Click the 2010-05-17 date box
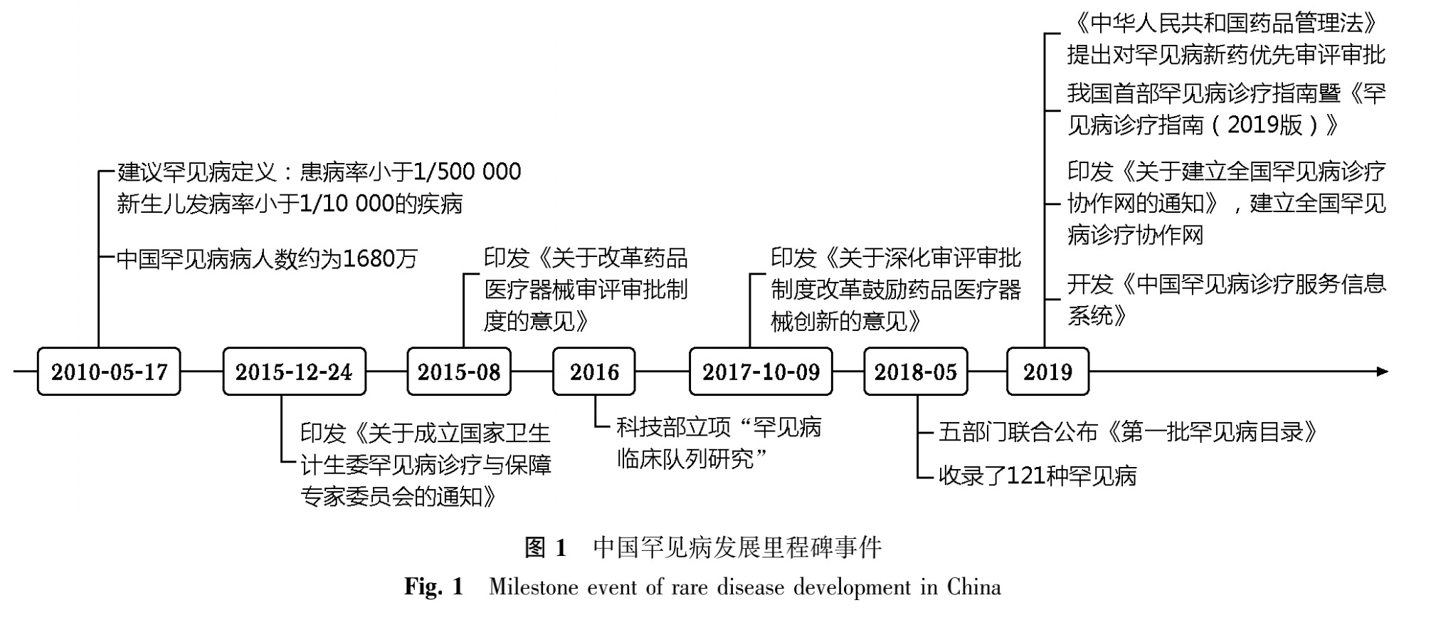point(109,372)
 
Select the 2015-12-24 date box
point(294,372)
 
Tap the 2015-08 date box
point(459,372)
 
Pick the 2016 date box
point(594,372)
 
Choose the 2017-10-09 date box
point(761,372)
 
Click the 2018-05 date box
point(916,372)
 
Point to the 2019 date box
point(1047,372)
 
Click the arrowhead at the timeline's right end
point(1382,372)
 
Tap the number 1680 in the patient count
point(369,259)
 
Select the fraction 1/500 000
point(467,172)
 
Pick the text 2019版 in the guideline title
point(1265,125)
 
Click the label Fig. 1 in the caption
point(434,587)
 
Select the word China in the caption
point(973,587)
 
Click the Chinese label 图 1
point(545,547)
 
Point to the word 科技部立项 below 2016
point(673,428)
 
